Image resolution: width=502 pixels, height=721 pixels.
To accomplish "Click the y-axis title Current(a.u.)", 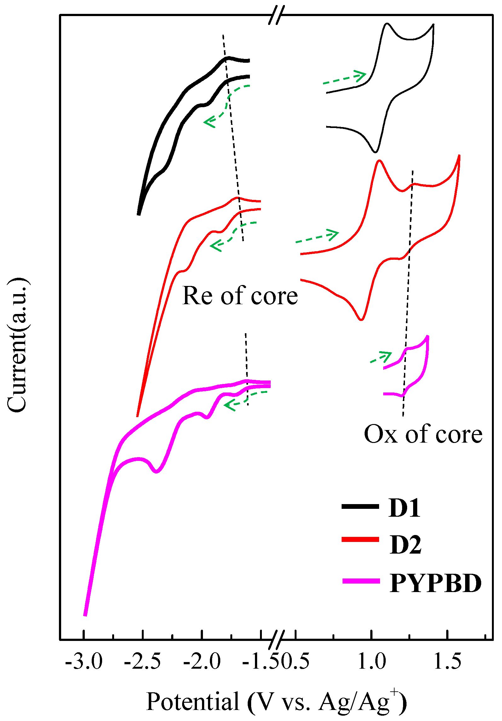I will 17,345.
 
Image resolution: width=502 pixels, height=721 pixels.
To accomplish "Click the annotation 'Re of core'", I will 240,296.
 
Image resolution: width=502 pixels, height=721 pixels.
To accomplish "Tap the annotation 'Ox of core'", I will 423,434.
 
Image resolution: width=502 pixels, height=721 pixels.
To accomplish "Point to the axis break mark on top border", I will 276,15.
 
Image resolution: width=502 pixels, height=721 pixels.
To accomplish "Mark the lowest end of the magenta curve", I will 85,615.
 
